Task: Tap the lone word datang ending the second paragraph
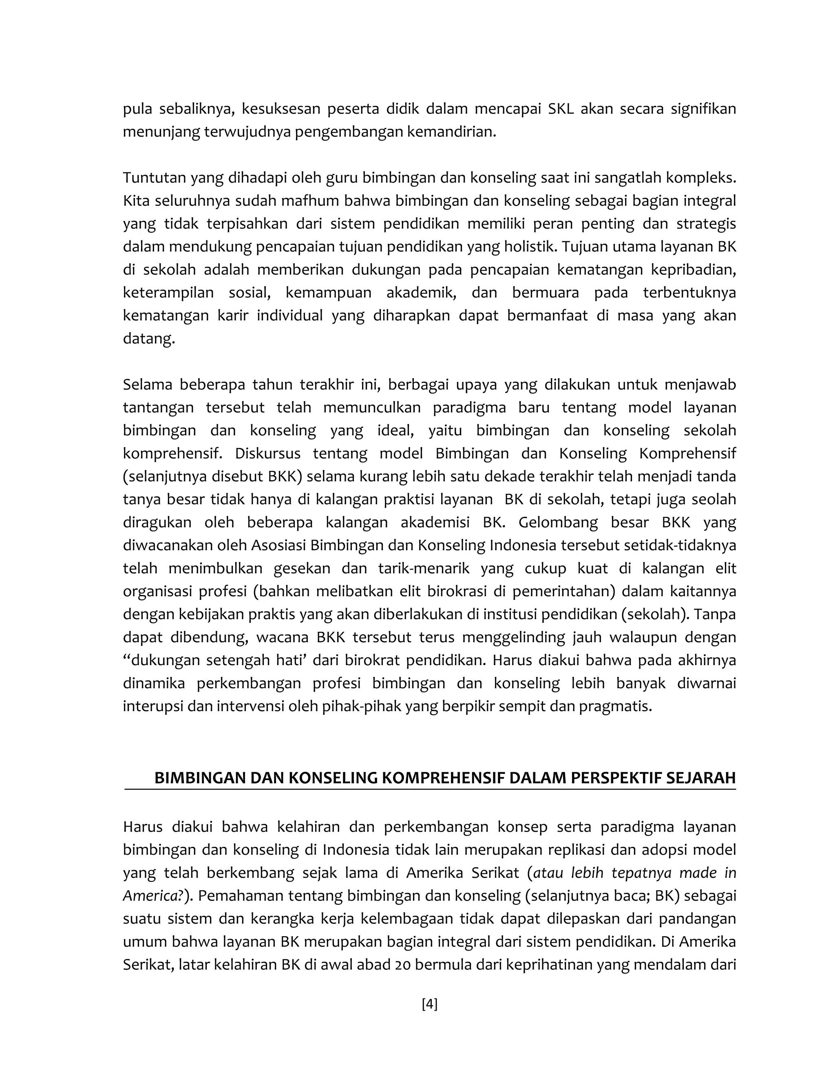[148, 339]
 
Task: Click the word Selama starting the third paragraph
[147, 384]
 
